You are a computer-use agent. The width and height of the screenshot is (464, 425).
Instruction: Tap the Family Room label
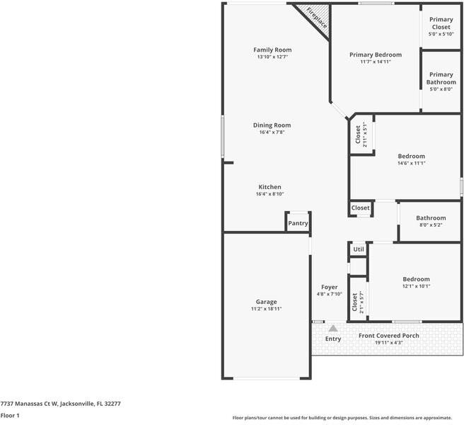272,50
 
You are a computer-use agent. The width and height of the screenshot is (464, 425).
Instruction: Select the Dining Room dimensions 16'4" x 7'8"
272,132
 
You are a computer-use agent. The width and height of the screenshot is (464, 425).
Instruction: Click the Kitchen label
269,187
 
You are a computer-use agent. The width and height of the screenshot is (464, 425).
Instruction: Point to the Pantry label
298,223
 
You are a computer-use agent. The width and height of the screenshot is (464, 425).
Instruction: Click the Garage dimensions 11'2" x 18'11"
266,309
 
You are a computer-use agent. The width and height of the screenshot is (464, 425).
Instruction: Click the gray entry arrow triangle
332,328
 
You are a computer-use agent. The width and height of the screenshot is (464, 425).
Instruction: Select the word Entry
332,339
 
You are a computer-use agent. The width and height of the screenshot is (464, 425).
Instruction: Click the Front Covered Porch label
388,336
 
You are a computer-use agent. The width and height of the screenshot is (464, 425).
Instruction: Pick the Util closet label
359,249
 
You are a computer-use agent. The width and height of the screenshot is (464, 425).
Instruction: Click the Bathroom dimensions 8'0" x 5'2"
431,225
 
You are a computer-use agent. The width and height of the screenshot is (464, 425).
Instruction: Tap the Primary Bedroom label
376,55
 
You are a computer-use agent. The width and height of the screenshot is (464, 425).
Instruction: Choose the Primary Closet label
441,23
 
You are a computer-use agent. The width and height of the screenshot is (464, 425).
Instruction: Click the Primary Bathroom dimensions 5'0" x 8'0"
441,89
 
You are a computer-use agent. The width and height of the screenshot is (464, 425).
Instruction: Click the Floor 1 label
10,415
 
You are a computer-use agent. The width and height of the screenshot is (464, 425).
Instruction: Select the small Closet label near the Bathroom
360,208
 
